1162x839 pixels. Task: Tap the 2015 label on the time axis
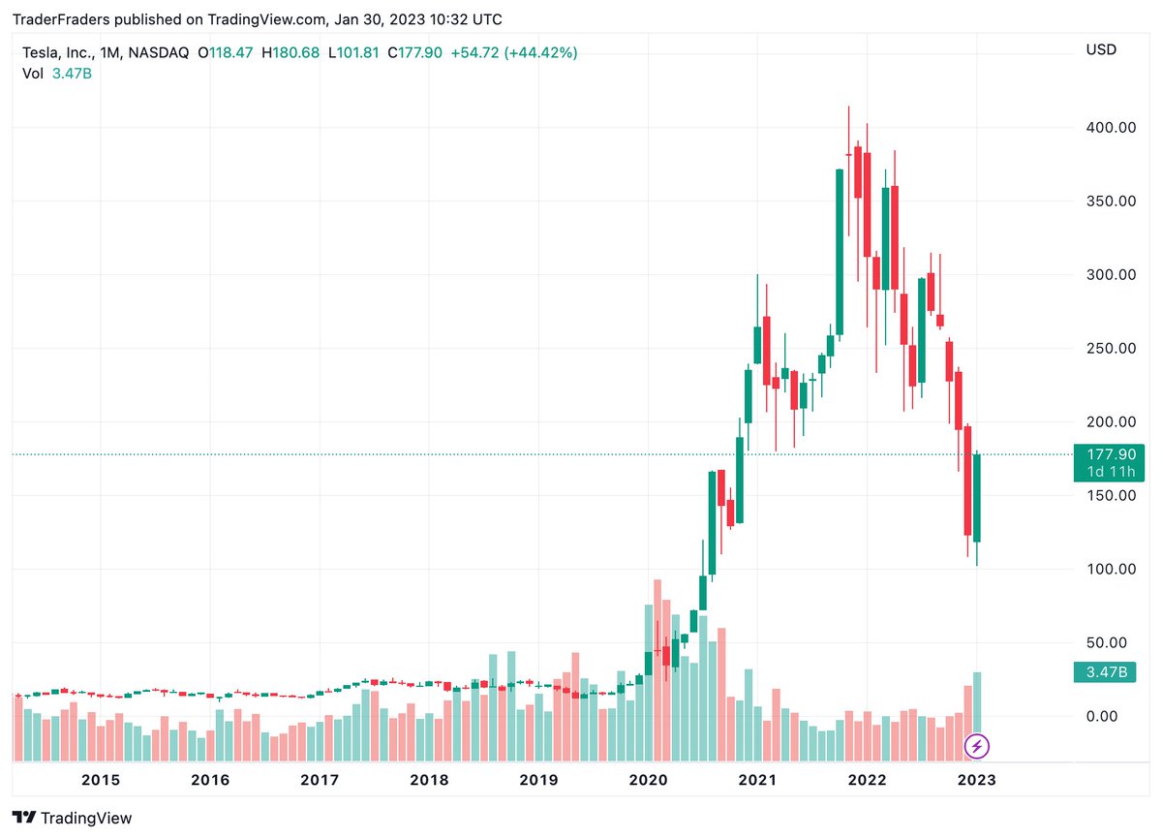(x=101, y=780)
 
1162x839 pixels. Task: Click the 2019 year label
(x=538, y=780)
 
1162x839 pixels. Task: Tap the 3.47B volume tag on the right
(x=1104, y=672)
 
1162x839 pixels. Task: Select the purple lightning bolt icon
(x=978, y=746)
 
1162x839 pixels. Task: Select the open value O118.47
(x=225, y=52)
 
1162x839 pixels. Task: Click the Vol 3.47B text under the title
(x=57, y=73)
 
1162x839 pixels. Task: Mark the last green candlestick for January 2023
(x=977, y=498)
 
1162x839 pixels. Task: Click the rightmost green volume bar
(x=977, y=703)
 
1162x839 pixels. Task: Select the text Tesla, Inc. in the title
(x=59, y=52)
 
